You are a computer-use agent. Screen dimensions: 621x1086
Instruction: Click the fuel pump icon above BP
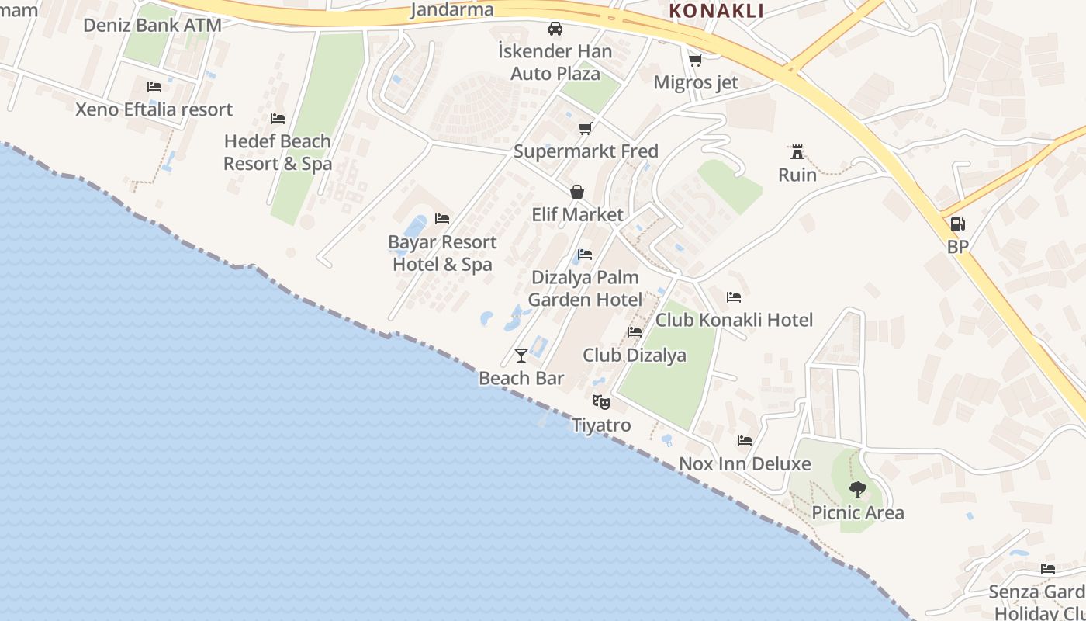pyautogui.click(x=958, y=224)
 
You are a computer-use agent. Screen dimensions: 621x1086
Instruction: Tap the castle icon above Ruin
pyautogui.click(x=797, y=151)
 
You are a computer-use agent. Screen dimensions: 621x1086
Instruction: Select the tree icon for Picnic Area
pyautogui.click(x=857, y=490)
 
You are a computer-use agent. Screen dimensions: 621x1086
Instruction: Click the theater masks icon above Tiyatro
pyautogui.click(x=600, y=402)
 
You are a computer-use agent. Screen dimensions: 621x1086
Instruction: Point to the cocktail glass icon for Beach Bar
pyautogui.click(x=521, y=356)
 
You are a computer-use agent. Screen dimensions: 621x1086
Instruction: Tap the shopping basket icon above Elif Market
pyautogui.click(x=577, y=192)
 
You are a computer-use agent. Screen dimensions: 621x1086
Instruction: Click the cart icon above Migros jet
pyautogui.click(x=695, y=59)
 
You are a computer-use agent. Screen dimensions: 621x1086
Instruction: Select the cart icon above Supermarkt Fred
pyautogui.click(x=585, y=128)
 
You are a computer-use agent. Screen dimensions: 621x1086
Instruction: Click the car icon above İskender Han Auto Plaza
pyautogui.click(x=555, y=29)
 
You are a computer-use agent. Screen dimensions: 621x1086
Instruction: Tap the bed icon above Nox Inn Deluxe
pyautogui.click(x=745, y=441)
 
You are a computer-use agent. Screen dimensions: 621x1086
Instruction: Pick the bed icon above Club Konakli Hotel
pyautogui.click(x=734, y=297)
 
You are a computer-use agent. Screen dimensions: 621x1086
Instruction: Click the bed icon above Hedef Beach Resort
pyautogui.click(x=278, y=119)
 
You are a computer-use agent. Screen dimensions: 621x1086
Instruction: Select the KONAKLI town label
pyautogui.click(x=716, y=11)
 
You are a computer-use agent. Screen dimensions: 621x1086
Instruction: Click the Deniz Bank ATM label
pyautogui.click(x=152, y=25)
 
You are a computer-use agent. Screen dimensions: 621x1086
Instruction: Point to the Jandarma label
pyautogui.click(x=451, y=10)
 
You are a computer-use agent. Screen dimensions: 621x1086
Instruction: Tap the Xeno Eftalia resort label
pyautogui.click(x=154, y=109)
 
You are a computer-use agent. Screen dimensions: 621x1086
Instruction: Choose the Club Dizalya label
pyautogui.click(x=635, y=356)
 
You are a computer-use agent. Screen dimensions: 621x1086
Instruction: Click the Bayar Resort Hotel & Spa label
pyautogui.click(x=442, y=253)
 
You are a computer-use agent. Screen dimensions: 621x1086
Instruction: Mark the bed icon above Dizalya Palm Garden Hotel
pyautogui.click(x=585, y=254)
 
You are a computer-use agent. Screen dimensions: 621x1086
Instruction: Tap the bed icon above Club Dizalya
pyautogui.click(x=635, y=332)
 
